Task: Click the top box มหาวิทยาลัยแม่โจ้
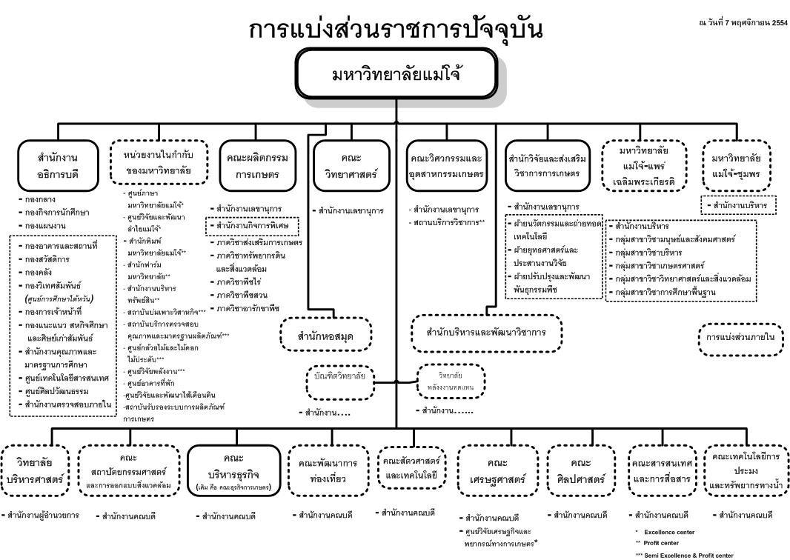click(396, 75)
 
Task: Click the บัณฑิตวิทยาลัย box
click(339, 376)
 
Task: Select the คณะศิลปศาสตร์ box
click(579, 470)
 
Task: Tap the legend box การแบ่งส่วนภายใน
click(737, 337)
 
